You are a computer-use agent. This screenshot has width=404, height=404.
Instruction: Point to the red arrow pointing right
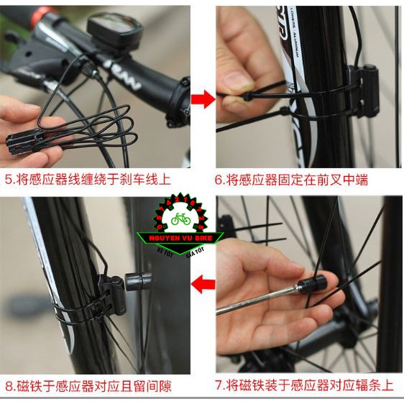pyautogui.click(x=203, y=99)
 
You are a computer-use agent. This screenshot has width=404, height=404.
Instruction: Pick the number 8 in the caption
pyautogui.click(x=8, y=386)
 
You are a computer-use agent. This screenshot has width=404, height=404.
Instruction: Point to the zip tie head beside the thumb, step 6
pyautogui.click(x=249, y=96)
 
